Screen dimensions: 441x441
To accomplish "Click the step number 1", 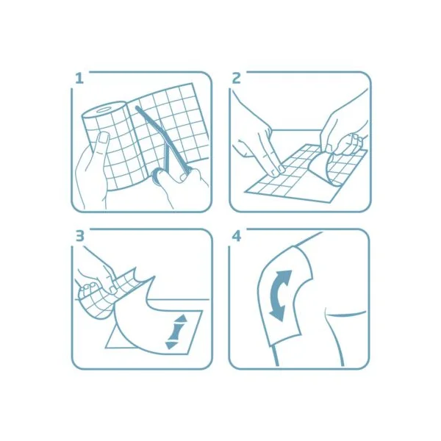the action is pos(79,79).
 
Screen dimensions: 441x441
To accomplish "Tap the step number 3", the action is pos(80,236).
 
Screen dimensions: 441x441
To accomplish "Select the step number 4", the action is pos(237,236).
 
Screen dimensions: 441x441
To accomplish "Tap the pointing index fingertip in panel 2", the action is pos(279,168).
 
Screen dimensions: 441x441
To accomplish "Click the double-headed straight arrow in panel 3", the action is pos(176,332).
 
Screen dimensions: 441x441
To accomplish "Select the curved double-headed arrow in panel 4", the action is pos(281,296).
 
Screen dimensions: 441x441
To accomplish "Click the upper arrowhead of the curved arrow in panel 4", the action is pos(284,275).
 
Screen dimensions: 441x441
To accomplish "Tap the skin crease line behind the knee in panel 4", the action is pos(346,314).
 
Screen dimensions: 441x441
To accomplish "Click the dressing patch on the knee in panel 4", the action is pos(284,295).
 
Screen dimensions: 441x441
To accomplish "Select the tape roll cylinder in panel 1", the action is pos(104,146).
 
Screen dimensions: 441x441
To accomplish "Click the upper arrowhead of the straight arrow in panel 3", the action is pos(181,318).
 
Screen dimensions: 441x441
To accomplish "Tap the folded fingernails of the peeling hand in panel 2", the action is pos(355,139).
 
